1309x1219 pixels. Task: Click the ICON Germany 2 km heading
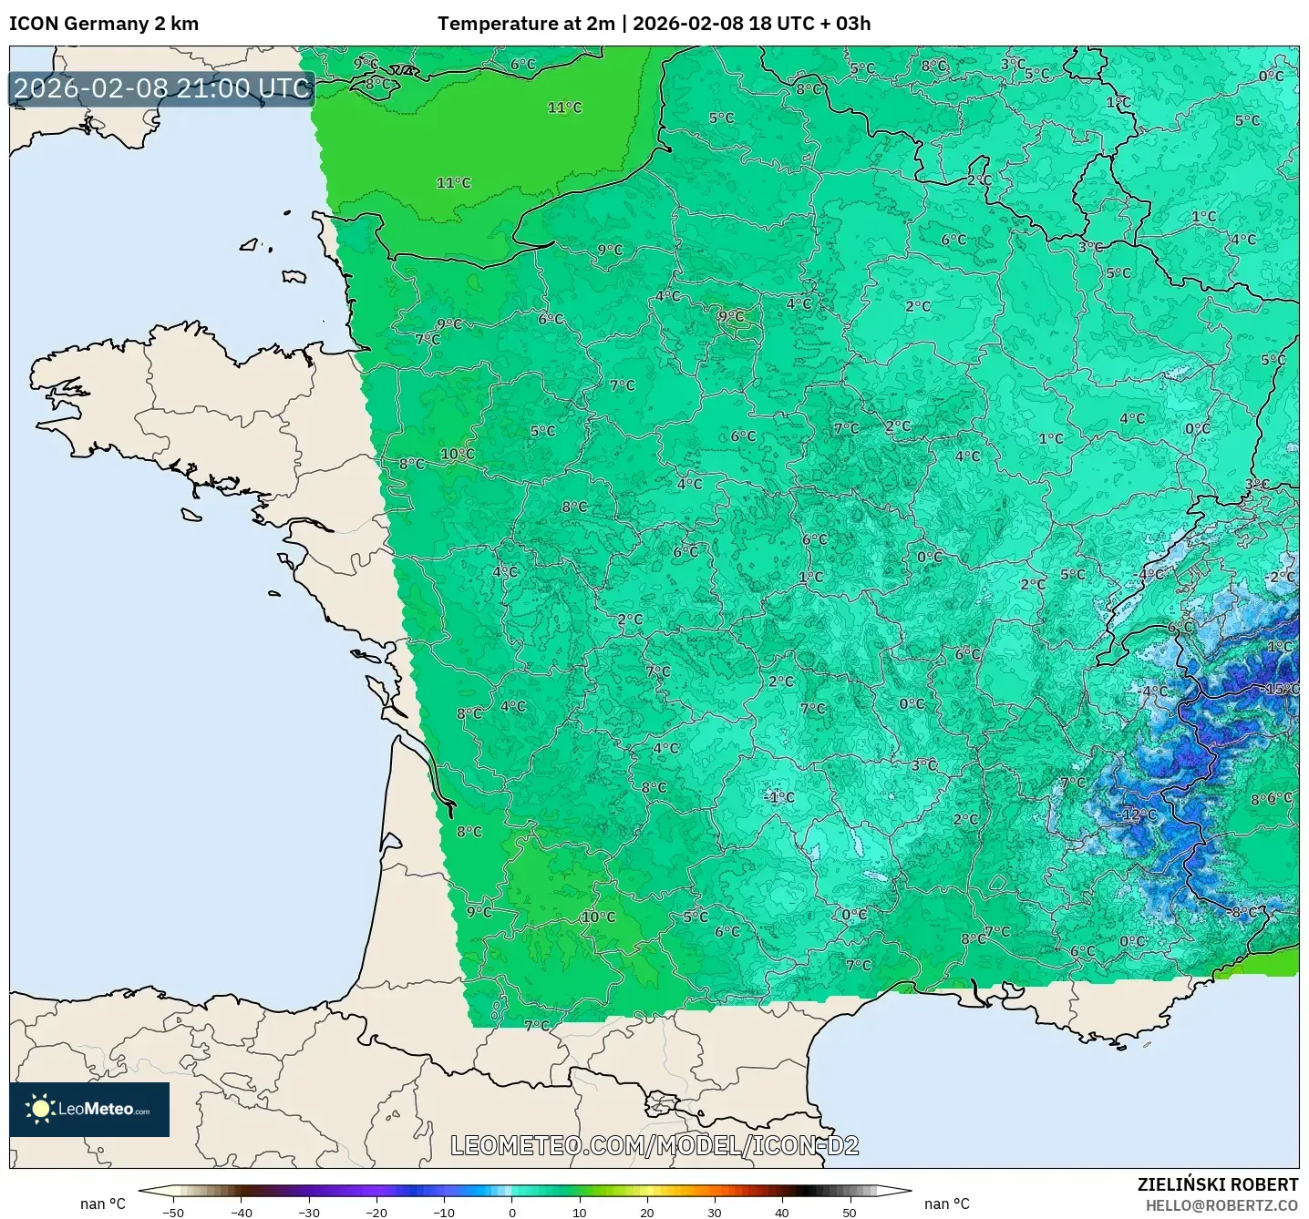click(104, 24)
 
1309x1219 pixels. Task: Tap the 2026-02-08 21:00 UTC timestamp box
click(162, 88)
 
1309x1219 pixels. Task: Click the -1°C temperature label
click(779, 797)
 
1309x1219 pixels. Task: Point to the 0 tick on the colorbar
click(512, 1213)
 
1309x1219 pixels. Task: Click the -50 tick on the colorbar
click(172, 1213)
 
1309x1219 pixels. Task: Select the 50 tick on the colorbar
click(849, 1213)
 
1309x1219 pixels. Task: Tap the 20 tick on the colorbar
click(646, 1213)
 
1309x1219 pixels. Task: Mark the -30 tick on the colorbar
click(308, 1213)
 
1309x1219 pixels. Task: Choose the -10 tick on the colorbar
click(443, 1213)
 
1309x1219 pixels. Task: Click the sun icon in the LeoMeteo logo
click(40, 1109)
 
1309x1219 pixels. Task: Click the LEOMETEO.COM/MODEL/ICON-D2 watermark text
click(654, 1145)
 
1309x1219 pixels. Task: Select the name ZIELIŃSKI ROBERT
click(1217, 1184)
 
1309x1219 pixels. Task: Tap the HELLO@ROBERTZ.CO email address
click(1221, 1205)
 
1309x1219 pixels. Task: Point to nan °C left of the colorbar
click(103, 1204)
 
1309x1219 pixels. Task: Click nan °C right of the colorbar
click(947, 1204)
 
